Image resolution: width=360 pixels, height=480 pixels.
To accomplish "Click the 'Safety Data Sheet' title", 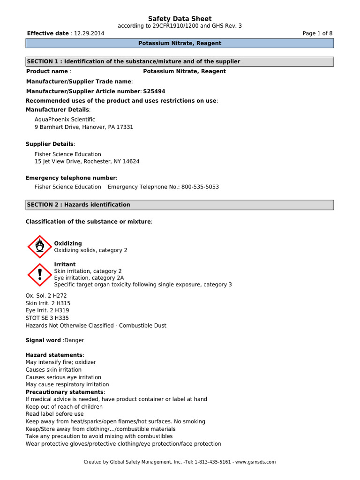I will (180, 19).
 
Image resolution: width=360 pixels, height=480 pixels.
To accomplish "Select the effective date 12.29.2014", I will (89, 33).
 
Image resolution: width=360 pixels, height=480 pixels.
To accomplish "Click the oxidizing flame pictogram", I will (40, 247).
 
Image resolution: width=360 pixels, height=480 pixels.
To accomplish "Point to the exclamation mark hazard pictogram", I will (40, 275).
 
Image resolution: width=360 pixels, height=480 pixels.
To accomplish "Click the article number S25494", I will (154, 91).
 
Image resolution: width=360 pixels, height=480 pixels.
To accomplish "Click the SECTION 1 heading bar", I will (180, 61).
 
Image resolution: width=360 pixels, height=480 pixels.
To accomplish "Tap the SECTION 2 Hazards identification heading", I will (180, 205).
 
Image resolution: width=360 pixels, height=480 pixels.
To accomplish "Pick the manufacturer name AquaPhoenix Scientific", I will (65, 120).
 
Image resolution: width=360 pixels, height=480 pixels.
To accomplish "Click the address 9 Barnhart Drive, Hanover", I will (84, 127).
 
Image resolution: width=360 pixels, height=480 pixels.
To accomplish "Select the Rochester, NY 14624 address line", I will (87, 161).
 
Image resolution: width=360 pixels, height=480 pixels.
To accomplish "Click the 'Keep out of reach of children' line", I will (64, 407).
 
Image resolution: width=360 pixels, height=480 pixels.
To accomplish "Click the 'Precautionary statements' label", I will (64, 392).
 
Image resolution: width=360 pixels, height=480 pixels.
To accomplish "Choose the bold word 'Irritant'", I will (65, 264).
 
